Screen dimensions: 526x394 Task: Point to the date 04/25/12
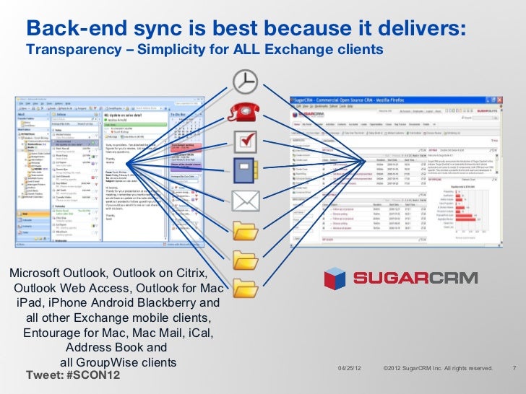coord(351,369)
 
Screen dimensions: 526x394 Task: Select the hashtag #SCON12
coord(92,376)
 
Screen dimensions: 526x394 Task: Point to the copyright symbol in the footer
coord(387,369)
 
